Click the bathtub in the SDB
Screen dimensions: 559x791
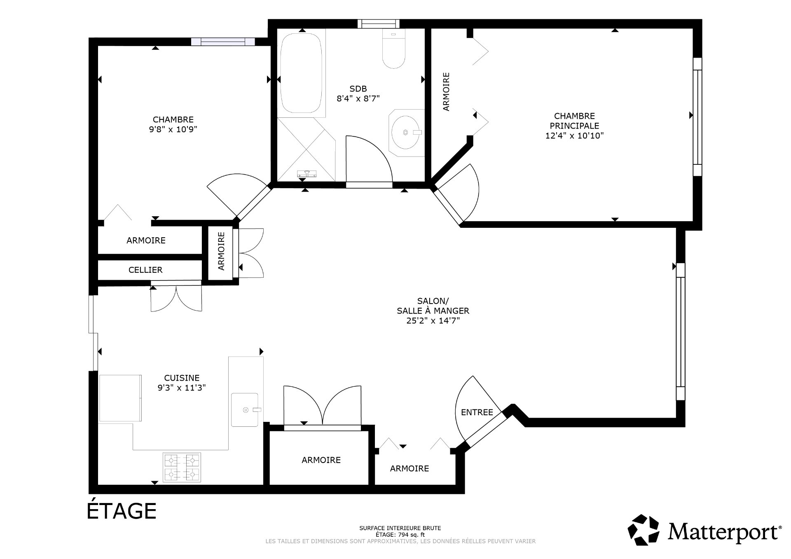[301, 73]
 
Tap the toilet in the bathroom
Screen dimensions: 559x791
[394, 49]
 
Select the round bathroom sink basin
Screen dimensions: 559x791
[406, 133]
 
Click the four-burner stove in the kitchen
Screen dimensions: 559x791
[182, 467]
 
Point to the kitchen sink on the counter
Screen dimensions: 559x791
[245, 409]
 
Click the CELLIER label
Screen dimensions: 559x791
[145, 270]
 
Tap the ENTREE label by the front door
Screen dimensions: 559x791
[477, 412]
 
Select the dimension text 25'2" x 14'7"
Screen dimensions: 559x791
[433, 320]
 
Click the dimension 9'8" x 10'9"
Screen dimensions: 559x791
[173, 129]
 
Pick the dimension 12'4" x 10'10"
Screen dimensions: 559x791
[574, 136]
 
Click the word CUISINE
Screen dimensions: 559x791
[182, 378]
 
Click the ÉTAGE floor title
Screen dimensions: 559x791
[122, 511]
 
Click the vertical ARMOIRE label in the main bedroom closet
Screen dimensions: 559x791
[446, 91]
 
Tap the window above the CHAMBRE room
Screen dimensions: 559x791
[223, 41]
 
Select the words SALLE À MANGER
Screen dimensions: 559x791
[433, 311]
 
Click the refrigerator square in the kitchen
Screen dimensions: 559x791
[120, 398]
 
